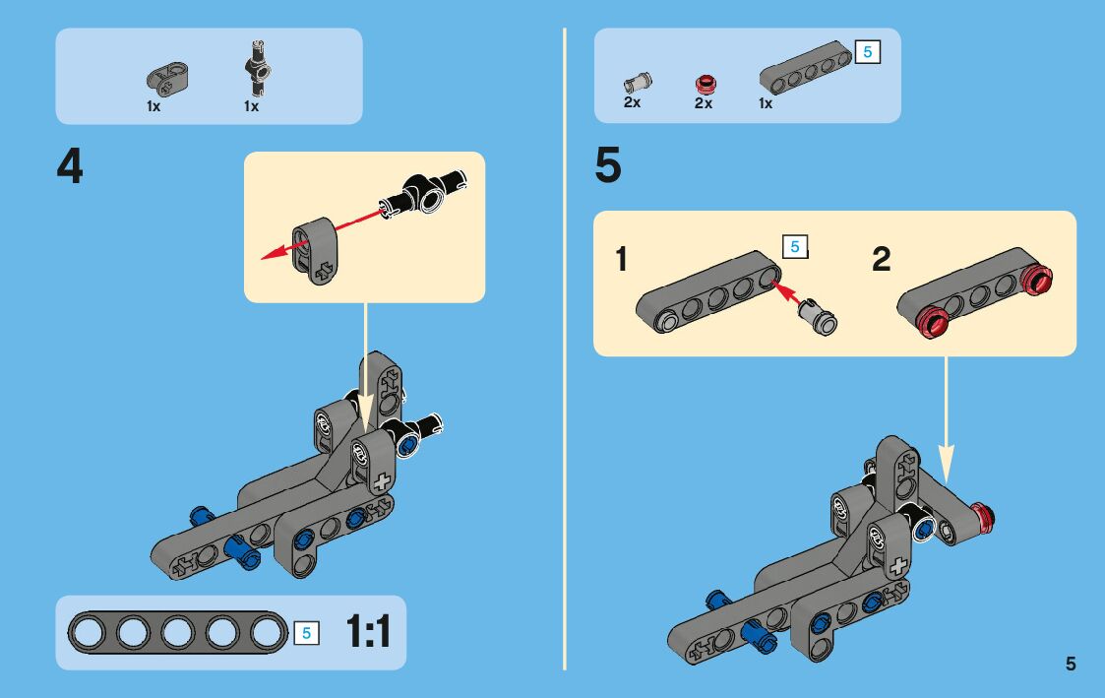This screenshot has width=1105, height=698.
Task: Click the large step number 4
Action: (70, 168)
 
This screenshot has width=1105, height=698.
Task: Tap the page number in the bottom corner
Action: (1071, 664)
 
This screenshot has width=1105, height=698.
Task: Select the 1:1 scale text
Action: (368, 632)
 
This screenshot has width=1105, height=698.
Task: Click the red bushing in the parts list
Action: (704, 85)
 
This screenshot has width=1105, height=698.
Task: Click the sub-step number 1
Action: (621, 260)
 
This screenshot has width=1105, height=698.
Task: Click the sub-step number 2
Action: (882, 260)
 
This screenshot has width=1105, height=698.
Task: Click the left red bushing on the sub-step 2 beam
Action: (932, 319)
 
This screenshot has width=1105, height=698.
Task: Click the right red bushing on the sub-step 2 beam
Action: (1036, 281)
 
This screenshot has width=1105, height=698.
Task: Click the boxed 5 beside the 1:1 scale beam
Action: (305, 633)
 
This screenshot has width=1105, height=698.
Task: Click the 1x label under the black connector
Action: (251, 107)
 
